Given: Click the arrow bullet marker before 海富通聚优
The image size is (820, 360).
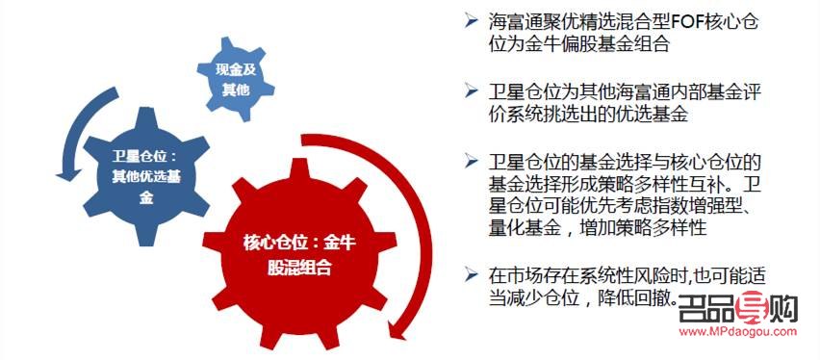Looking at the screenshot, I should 469,21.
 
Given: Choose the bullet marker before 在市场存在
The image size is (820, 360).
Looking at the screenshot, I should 469,274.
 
